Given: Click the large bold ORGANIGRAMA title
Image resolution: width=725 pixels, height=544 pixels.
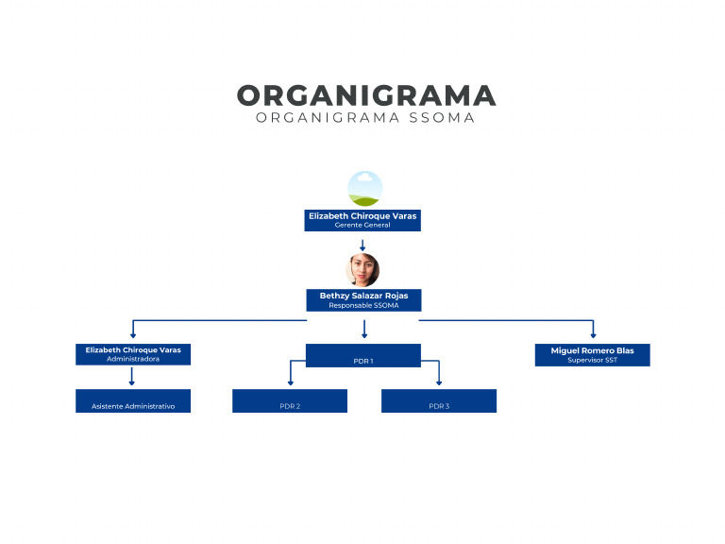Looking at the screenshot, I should tap(365, 95).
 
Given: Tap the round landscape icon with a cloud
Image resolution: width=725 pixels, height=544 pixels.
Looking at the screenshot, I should tap(364, 188).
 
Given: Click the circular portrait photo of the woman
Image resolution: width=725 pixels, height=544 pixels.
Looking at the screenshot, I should tap(362, 270).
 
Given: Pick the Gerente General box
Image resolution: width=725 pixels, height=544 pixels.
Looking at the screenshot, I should tap(362, 220).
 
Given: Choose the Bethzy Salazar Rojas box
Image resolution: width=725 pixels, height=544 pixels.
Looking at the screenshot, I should tap(363, 300).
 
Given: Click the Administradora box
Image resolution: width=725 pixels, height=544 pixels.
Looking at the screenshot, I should tap(133, 354).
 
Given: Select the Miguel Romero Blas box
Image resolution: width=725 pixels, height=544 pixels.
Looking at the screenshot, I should tap(592, 354).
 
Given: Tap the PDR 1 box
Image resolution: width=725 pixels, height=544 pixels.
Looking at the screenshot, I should tap(363, 355).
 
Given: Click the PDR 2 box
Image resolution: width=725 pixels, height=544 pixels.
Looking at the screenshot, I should tap(290, 401).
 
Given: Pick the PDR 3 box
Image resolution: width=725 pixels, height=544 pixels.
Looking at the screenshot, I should tap(439, 401).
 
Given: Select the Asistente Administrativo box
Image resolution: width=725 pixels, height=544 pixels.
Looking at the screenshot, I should tap(133, 401).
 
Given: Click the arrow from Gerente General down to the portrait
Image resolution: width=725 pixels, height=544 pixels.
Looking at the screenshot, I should tap(362, 245).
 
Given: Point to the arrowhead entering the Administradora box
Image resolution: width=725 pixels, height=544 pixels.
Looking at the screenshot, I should tap(133, 334).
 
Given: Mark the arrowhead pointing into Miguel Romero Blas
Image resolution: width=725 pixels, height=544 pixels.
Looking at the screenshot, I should tap(593, 334).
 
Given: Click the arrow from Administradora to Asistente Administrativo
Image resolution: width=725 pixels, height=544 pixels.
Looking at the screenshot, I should tap(132, 377).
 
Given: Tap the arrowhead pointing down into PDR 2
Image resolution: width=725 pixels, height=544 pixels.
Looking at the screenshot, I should tap(290, 382).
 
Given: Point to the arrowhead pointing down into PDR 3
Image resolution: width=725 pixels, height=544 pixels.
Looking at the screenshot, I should tap(439, 382).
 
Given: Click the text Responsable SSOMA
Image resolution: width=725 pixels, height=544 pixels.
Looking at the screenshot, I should tap(363, 306).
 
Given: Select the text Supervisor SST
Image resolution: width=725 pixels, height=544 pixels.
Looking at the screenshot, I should tap(592, 360).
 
